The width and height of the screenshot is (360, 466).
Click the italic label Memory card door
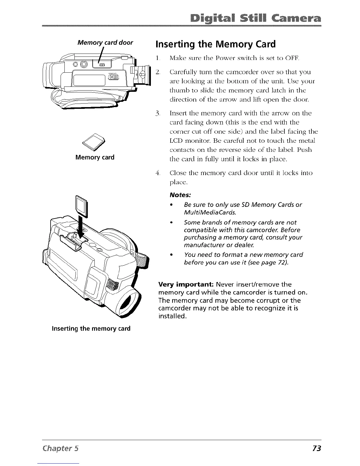105,42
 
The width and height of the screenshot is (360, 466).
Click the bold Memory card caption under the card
95,157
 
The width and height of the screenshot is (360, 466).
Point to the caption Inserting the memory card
91,328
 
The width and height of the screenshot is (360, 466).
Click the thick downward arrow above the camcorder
81,227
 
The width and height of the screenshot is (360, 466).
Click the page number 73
316,448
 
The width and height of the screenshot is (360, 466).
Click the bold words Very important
186,284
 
